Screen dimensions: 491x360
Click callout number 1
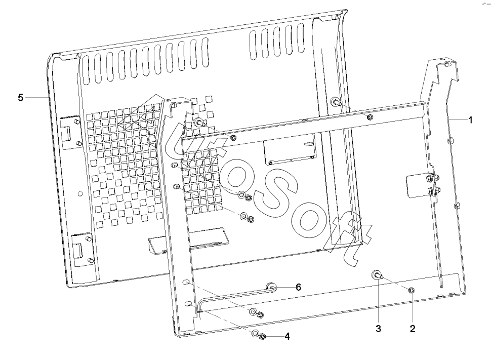470,119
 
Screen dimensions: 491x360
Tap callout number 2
413,329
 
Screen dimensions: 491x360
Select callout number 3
378,329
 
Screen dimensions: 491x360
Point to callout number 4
287,337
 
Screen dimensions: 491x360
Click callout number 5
21,97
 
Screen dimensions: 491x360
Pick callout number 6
298,287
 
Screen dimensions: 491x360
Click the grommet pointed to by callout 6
271,287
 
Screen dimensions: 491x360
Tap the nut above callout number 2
412,291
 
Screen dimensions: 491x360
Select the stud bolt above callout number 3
377,275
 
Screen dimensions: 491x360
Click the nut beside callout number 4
263,337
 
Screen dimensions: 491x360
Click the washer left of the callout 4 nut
255,333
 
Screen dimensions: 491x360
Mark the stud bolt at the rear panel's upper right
336,101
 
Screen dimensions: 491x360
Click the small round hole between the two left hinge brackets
80,193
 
